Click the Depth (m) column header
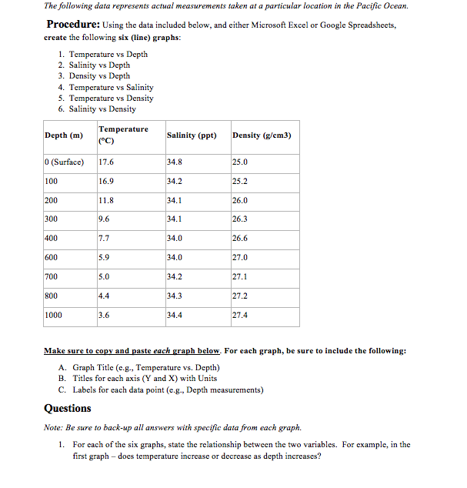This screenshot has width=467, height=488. click(64, 135)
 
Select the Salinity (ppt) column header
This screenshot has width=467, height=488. click(192, 135)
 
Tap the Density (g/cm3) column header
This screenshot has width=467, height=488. click(262, 135)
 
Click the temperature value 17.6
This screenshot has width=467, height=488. click(107, 162)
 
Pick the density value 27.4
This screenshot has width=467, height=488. click(240, 315)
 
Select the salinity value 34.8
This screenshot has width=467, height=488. click(174, 162)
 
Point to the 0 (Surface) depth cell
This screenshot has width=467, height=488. click(65, 162)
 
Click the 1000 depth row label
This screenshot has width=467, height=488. click(54, 315)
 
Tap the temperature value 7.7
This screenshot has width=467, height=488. click(105, 239)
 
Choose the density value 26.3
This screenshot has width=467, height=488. click(240, 219)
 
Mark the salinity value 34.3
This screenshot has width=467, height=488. click(174, 296)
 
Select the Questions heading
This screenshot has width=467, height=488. click(68, 408)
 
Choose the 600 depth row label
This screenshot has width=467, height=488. click(52, 258)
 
